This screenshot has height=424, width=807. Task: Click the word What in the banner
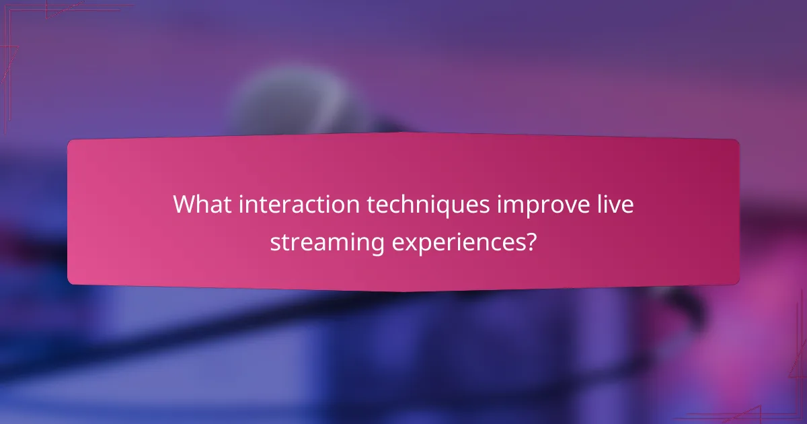(199, 205)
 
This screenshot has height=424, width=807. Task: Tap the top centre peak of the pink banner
(403, 133)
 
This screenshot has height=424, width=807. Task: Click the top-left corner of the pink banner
(70, 141)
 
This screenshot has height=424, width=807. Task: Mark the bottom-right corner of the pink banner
(737, 283)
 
